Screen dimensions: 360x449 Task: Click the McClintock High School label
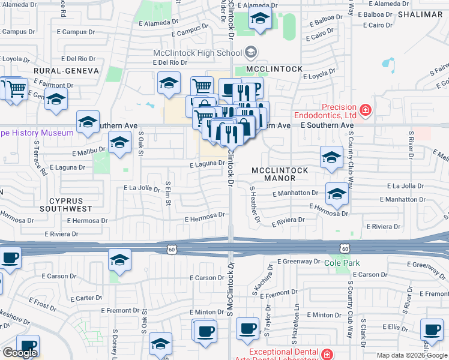click(197, 53)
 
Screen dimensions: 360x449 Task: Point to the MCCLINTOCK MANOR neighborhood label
click(280, 174)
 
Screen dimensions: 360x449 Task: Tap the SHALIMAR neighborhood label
click(423, 15)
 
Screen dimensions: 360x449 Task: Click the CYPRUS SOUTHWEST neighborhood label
click(66, 204)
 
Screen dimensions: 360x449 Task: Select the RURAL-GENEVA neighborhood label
click(66, 70)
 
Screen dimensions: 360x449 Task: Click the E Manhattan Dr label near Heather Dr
click(294, 193)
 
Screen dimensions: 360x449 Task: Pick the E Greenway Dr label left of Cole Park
click(299, 262)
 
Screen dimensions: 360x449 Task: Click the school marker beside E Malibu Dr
click(119, 144)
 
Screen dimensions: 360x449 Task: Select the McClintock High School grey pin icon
click(251, 53)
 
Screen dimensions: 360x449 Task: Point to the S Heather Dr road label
click(255, 205)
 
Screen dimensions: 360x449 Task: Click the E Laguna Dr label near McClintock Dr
click(206, 163)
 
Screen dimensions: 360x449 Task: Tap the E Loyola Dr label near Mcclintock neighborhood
click(319, 75)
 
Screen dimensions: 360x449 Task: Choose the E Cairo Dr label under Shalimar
click(378, 25)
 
